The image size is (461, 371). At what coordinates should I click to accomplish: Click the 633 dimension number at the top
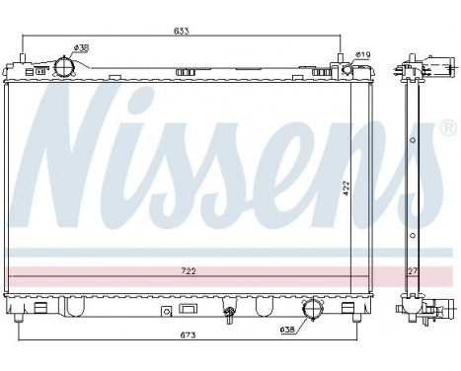[x=182, y=32]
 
